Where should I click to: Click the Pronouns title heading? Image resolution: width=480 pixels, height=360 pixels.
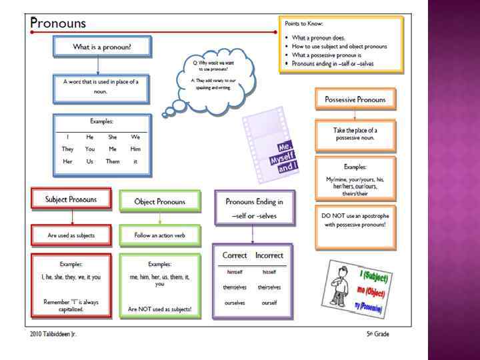coord(59,22)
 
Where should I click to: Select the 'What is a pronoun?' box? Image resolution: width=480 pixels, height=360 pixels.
coord(101,47)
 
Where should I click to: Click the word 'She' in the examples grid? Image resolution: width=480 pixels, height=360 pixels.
coord(113,137)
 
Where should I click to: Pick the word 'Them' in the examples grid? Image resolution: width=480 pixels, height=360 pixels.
coord(113,161)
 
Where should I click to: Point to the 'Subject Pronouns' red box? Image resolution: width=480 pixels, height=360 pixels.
coord(71,199)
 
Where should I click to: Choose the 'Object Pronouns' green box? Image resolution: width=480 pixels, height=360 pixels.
coord(159,201)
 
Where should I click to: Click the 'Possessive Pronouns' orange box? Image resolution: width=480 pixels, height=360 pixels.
coord(355,99)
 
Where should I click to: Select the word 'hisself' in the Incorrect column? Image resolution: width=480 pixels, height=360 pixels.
coord(269,272)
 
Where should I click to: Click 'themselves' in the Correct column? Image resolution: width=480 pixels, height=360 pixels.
coord(234,287)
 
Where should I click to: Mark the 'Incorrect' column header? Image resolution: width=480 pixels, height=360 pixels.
coord(269,255)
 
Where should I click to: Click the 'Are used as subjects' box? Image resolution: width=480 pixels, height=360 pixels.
coord(71,235)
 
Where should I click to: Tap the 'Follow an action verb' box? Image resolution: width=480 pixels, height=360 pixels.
coord(159,235)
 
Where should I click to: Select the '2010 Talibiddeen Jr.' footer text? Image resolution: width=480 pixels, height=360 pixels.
coord(53,334)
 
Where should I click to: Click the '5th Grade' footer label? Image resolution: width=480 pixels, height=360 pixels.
coord(377,334)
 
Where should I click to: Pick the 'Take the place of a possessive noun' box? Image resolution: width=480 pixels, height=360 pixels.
coord(355,135)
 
